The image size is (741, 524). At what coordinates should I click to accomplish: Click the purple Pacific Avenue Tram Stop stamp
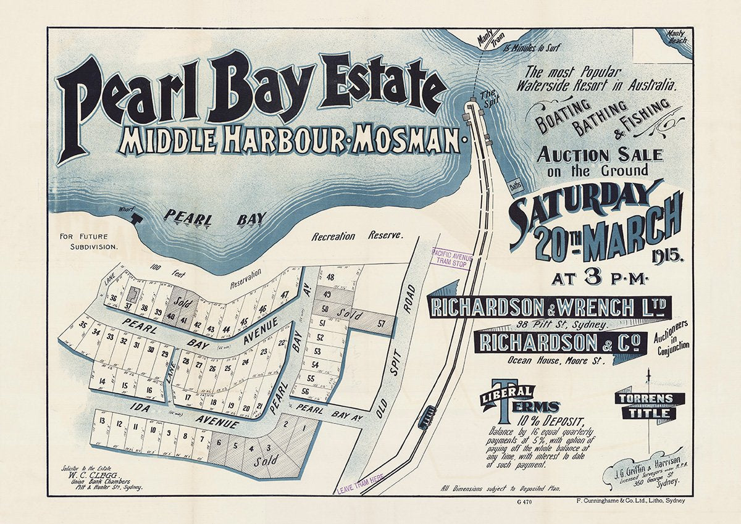pos(451,257)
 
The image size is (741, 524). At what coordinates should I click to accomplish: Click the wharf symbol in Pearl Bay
pos(136,217)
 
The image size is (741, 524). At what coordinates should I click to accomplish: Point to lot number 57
pos(382,323)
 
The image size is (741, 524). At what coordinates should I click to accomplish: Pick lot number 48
pos(330,277)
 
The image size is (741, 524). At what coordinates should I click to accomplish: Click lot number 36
pos(113,299)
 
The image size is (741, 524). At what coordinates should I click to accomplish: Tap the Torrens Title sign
pos(649,406)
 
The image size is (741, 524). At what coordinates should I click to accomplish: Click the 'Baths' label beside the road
pos(516,184)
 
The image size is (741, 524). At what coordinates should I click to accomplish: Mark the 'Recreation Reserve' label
pos(357,236)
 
